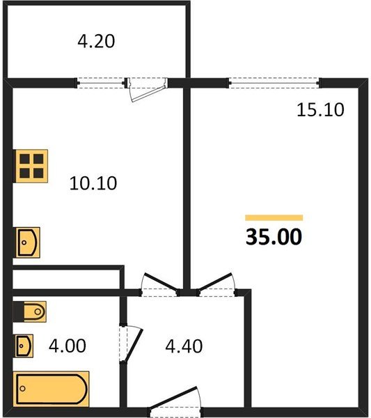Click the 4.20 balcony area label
(x=96, y=42)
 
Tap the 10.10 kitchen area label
(x=93, y=183)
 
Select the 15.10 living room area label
(x=320, y=109)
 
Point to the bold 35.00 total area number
(x=274, y=237)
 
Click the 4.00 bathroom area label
(x=68, y=346)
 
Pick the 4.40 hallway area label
(x=184, y=346)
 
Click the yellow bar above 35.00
(x=274, y=218)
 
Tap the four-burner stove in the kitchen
(x=31, y=166)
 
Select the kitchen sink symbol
(x=26, y=242)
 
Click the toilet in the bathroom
(x=29, y=311)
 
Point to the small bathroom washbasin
(x=24, y=346)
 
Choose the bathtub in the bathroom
(x=51, y=389)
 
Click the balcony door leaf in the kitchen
(x=149, y=93)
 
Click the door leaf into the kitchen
(x=160, y=281)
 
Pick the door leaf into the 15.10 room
(x=216, y=281)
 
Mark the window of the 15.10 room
(x=274, y=83)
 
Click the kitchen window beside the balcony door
(x=101, y=83)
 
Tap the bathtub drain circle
(x=22, y=389)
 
